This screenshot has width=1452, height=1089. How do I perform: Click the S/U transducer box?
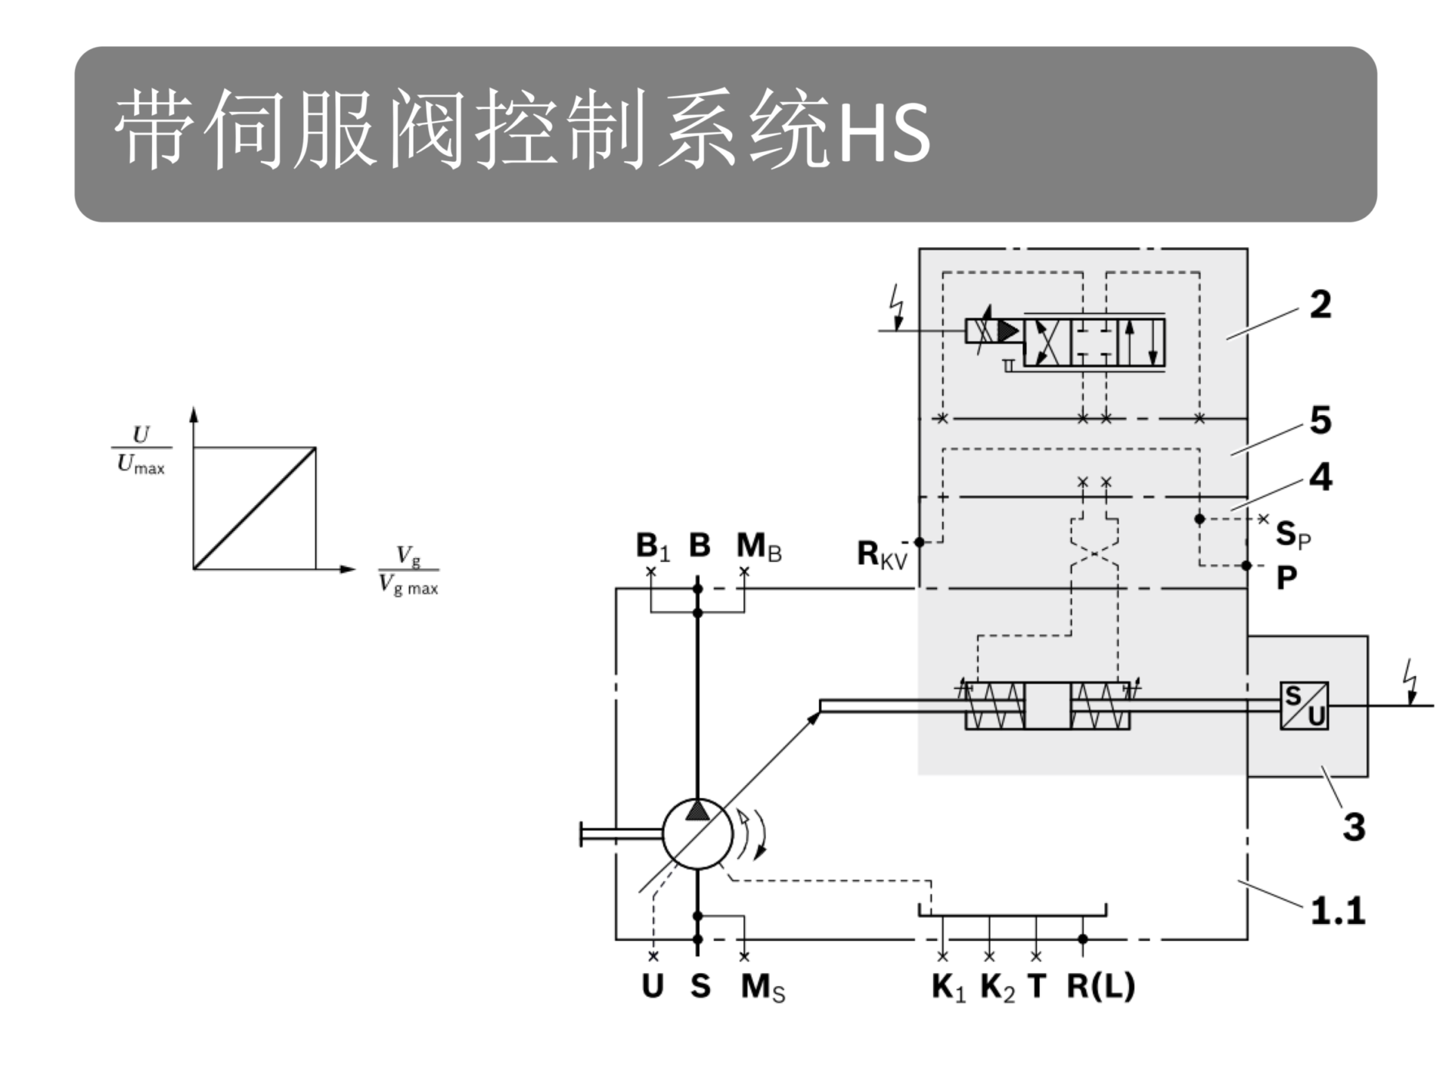point(1304,706)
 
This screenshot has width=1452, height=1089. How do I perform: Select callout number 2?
point(1320,305)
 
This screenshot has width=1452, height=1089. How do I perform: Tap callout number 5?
point(1320,420)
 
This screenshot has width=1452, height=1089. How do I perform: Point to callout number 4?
point(1320,477)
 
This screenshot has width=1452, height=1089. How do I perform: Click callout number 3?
point(1354,827)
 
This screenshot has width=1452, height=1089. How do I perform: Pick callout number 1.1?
point(1338,911)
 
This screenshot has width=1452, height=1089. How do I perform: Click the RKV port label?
point(882,555)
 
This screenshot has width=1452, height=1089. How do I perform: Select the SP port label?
point(1294,535)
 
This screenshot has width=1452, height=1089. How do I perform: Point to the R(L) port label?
point(1101,986)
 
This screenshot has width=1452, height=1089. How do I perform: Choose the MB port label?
point(759,546)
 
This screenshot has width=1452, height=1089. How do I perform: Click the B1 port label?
point(653,546)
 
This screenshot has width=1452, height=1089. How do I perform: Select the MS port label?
point(763,988)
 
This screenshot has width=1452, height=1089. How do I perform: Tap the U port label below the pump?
point(653,986)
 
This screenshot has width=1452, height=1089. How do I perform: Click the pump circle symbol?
point(697,834)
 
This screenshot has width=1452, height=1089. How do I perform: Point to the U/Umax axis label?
point(141,449)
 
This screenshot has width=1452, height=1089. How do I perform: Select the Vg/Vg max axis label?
point(408,571)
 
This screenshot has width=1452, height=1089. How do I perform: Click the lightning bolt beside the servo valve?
point(898,306)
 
